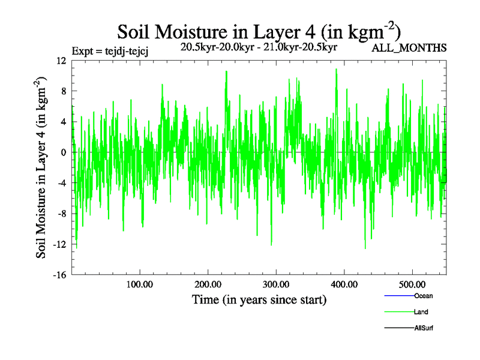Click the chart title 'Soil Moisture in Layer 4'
coord(259,31)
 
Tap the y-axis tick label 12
coord(61,61)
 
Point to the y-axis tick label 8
coord(63,91)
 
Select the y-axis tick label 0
coord(63,152)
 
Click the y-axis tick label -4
coord(61,183)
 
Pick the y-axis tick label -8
coord(61,214)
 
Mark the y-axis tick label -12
coord(59,244)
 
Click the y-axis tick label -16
coord(59,275)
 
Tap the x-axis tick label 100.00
coord(139,284)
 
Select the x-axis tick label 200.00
coord(208,284)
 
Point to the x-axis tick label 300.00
coord(276,284)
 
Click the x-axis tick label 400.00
coord(344,284)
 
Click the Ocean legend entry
coord(423,296)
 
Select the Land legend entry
coord(421,312)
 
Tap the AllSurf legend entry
coord(424,328)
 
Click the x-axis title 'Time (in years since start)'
coord(259,299)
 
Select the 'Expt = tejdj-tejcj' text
coord(110,50)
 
